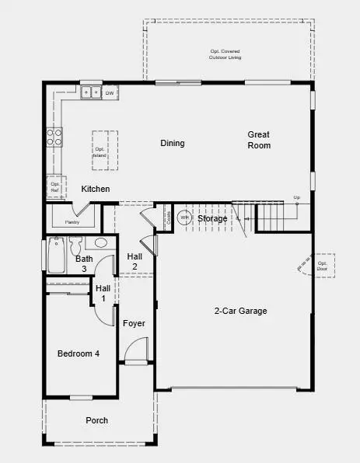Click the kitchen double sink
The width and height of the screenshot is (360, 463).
pos(92,93)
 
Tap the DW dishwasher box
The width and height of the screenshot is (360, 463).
pos(110,93)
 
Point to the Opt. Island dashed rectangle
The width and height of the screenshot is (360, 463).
pos(100,150)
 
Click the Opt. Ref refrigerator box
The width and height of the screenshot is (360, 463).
pos(54,187)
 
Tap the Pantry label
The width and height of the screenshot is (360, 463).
pos(72,221)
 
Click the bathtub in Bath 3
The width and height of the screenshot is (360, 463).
pos(56,256)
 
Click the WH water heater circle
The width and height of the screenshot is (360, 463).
pos(185,218)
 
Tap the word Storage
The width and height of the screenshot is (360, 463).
pos(212,219)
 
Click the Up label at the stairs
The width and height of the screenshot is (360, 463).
pos(296,198)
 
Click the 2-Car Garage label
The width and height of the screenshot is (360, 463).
pos(240,311)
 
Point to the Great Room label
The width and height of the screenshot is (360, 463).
pos(259,140)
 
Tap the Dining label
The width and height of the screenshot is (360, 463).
pos(173,143)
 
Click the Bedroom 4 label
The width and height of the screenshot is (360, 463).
pos(79,354)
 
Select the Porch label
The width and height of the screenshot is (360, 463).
pos(97,420)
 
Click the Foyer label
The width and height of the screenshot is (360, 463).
pos(134,323)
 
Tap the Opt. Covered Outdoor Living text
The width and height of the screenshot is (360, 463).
pos(226,54)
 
